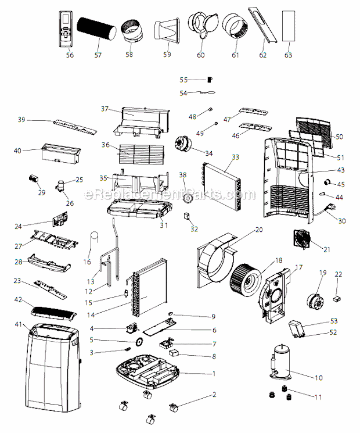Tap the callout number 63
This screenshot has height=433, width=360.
click(x=288, y=55)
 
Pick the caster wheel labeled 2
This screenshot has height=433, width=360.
click(x=172, y=406)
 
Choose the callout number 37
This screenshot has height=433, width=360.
click(x=105, y=109)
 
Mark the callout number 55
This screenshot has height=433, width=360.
click(x=183, y=80)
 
